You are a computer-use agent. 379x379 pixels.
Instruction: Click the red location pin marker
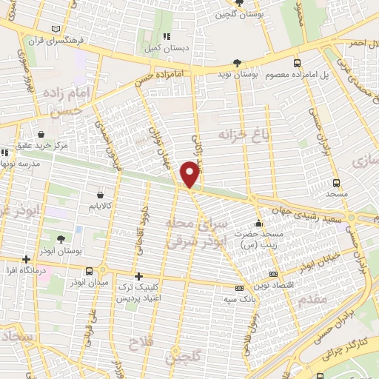pyautogui.click(x=191, y=174)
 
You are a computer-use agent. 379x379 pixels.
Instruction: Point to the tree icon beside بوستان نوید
pyautogui.click(x=236, y=64)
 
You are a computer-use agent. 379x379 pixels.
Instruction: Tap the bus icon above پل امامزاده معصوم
pyautogui.click(x=297, y=64)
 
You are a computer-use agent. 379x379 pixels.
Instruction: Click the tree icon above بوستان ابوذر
pyautogui.click(x=60, y=239)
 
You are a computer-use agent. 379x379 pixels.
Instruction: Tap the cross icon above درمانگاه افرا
pyautogui.click(x=27, y=260)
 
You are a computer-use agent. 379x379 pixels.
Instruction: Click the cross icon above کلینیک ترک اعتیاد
pyautogui.click(x=138, y=275)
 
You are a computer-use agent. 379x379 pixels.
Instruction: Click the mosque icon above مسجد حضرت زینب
pyautogui.click(x=258, y=224)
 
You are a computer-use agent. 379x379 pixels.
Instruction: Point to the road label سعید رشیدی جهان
pyautogui.click(x=303, y=204)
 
